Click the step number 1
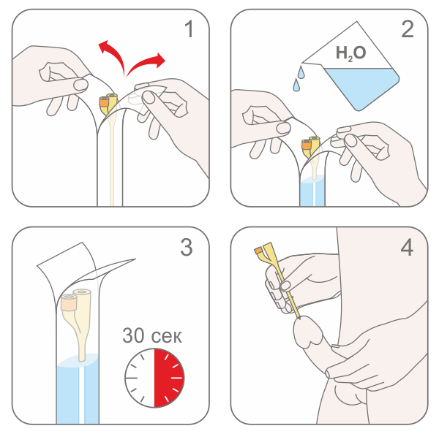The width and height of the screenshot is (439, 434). coord(190,29)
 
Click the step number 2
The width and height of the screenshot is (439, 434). coord(408,29)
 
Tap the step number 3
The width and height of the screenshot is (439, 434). coord(187,247)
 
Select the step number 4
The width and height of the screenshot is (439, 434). coord(407,247)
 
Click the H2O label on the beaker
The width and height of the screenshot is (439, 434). coord(350,53)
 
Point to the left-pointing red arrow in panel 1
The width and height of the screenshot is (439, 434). coord(112,57)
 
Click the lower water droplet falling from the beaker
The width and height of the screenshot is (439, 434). coord(296,85)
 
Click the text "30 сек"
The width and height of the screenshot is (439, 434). coord(152,335)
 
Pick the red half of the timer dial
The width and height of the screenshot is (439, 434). coord(169,378)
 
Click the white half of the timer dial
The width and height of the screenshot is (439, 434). coord(140,378)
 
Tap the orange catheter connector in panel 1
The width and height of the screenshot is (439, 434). coord(104,102)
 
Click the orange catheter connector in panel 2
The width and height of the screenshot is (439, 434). coord(307,144)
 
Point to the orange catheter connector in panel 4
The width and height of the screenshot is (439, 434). coord(258,250)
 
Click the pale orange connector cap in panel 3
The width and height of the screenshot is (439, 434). coord(69,302)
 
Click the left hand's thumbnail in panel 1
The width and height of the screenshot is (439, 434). coord(81,85)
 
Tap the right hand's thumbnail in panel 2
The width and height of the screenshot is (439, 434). coord(350,140)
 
